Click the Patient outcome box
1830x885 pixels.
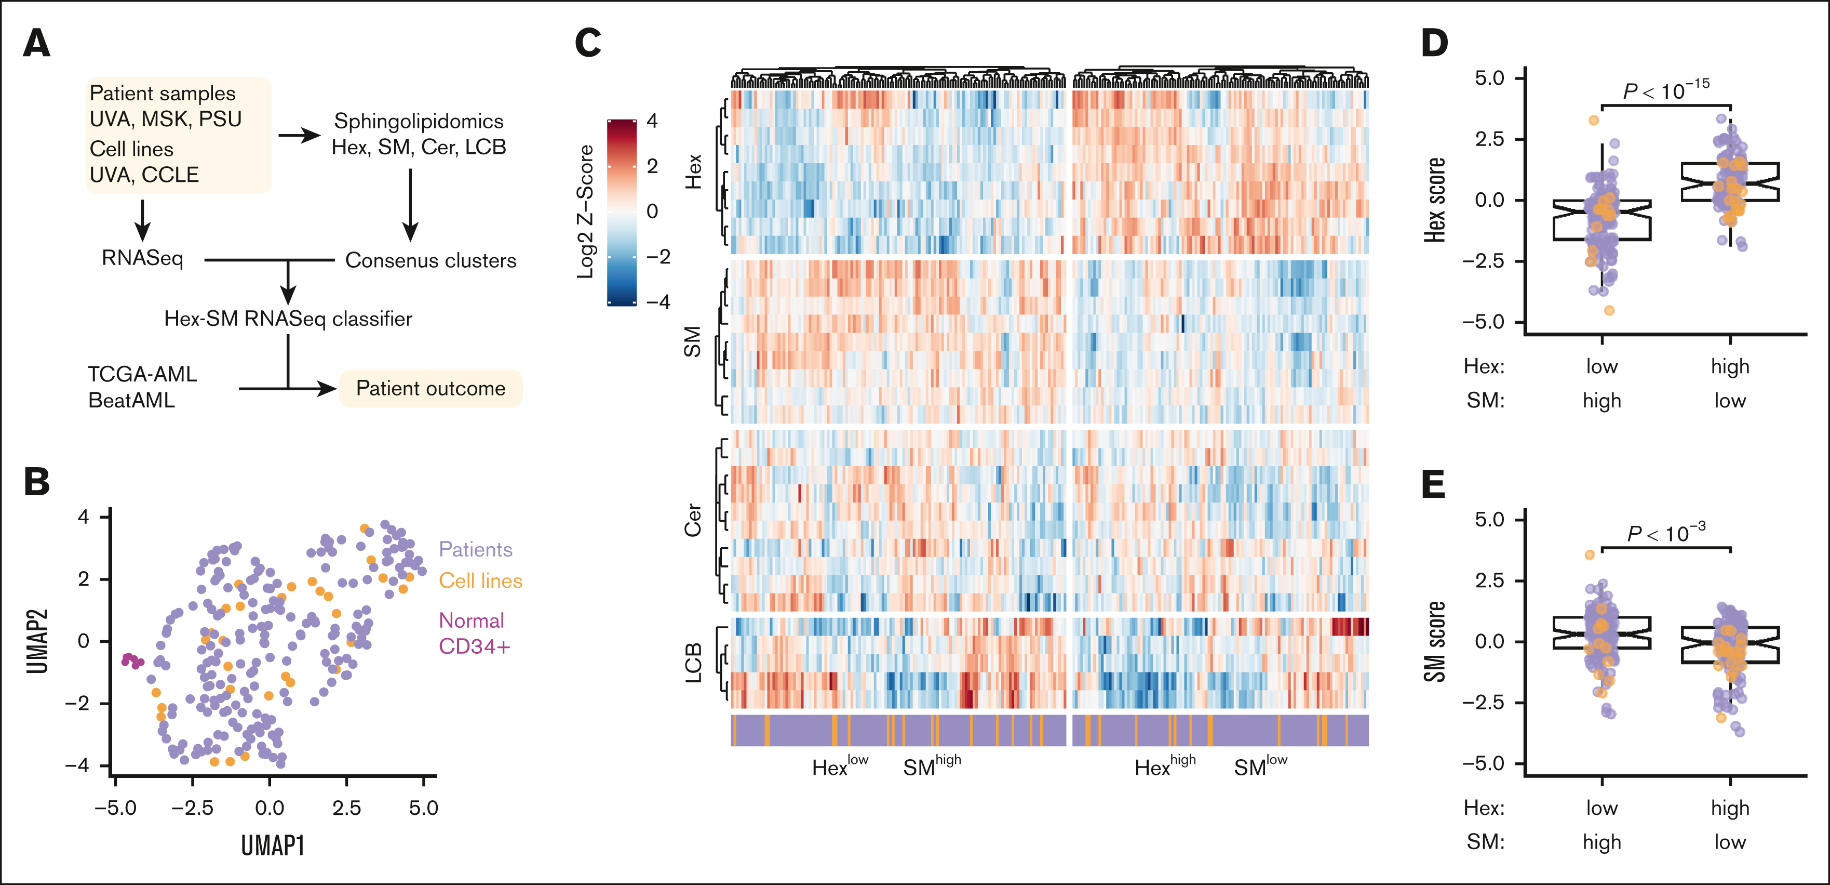pyautogui.click(x=430, y=389)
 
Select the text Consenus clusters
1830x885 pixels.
pyautogui.click(x=430, y=260)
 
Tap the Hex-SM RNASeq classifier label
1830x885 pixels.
pyautogui.click(x=288, y=319)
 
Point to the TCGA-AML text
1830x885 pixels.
pyautogui.click(x=142, y=374)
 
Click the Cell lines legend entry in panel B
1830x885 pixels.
pyautogui.click(x=480, y=581)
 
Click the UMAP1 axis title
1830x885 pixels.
pyautogui.click(x=273, y=846)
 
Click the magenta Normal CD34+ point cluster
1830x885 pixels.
pyautogui.click(x=131, y=661)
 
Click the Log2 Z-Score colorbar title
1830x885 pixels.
pyautogui.click(x=585, y=212)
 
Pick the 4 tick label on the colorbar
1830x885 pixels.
pyautogui.click(x=652, y=121)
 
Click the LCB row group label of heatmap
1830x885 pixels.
pyautogui.click(x=693, y=663)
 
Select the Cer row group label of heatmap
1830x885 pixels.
pyautogui.click(x=693, y=520)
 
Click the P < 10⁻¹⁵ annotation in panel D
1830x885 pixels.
pyautogui.click(x=1666, y=91)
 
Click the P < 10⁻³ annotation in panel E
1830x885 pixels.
pyautogui.click(x=1666, y=533)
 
